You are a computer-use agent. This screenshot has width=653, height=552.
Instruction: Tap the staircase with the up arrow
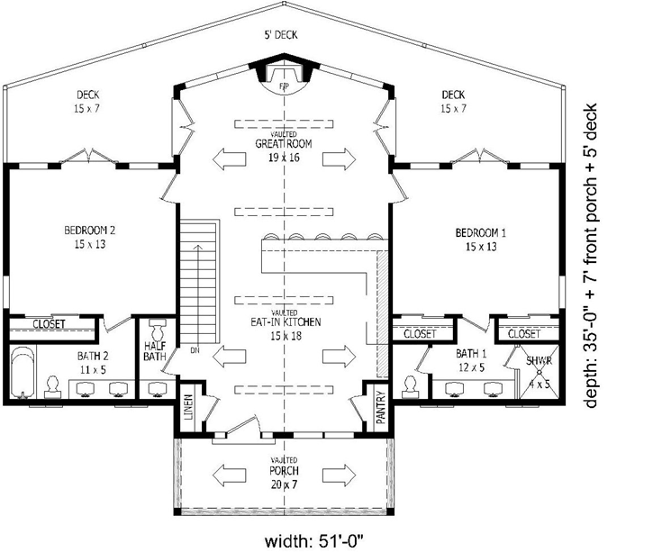tap(199, 278)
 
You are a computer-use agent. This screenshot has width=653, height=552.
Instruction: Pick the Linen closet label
tap(188, 407)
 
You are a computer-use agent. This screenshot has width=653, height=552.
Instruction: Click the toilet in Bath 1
tap(411, 385)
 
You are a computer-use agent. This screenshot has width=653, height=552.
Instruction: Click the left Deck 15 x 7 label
tap(87, 101)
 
